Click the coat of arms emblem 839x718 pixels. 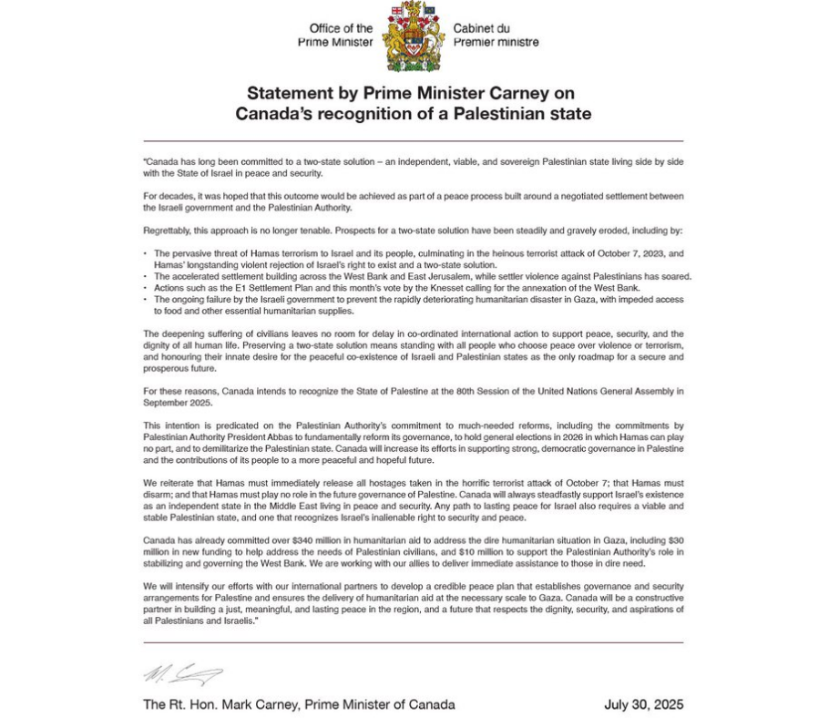coord(413,37)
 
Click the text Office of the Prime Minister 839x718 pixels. coord(335,36)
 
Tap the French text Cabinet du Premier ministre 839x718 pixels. coord(496,36)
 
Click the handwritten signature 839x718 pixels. coord(182,674)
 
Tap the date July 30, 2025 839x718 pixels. coord(643,704)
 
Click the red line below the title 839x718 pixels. coord(413,141)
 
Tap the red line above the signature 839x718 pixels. coord(413,642)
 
